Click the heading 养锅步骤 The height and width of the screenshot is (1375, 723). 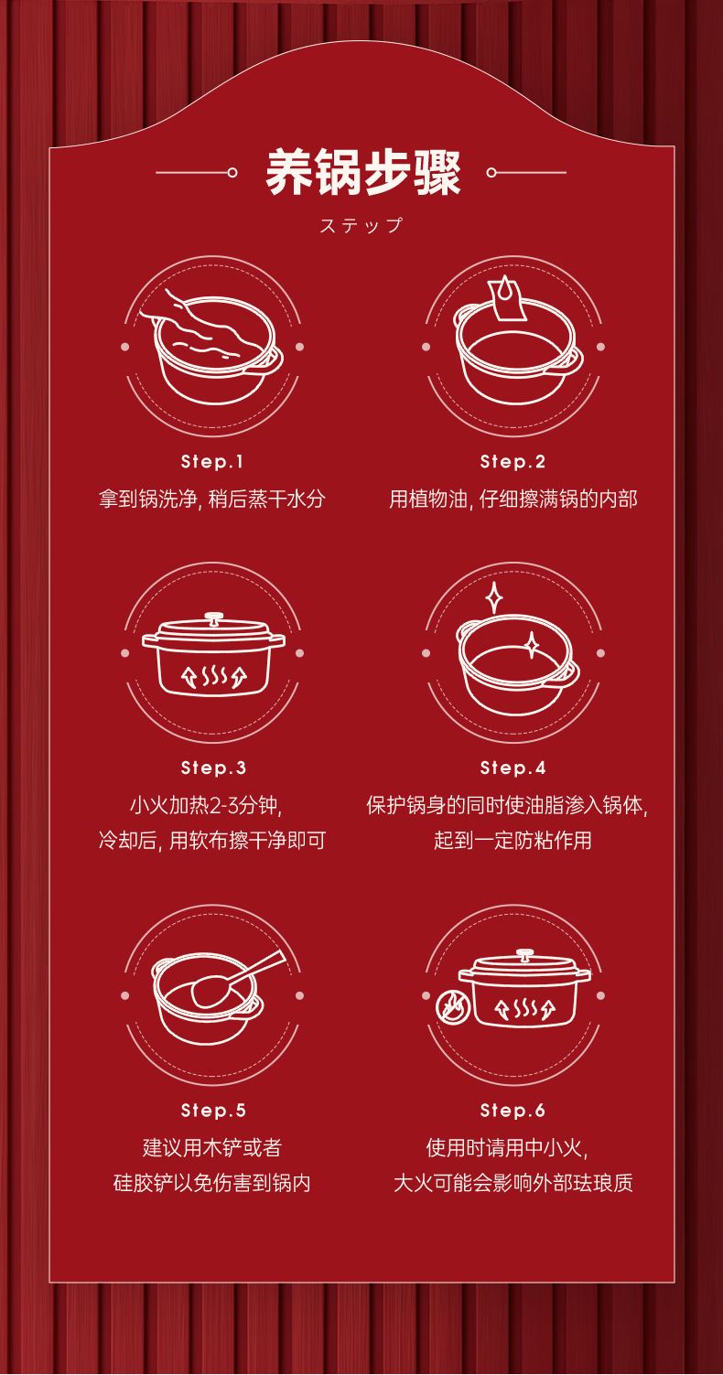[362, 173]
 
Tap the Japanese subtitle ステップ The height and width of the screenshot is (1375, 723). [361, 225]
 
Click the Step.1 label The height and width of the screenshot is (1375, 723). [212, 462]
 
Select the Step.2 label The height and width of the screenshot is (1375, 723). [513, 462]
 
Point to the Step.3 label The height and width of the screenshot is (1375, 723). [213, 768]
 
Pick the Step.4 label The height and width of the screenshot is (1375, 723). [513, 768]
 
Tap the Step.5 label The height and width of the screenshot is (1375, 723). [213, 1111]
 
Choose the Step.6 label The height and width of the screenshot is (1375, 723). [513, 1111]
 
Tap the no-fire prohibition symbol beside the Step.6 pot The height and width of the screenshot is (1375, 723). [453, 1007]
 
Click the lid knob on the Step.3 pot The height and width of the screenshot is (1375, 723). [214, 618]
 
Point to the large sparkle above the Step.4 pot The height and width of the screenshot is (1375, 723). [493, 597]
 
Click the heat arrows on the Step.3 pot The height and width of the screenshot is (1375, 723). [213, 676]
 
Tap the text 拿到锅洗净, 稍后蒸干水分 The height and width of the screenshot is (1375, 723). [212, 499]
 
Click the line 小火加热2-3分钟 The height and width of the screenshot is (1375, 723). [206, 805]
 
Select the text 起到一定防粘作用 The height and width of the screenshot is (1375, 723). [513, 840]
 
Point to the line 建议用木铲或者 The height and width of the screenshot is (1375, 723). [212, 1146]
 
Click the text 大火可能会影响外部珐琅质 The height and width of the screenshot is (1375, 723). [513, 1182]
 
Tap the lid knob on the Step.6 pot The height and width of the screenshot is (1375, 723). [524, 955]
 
